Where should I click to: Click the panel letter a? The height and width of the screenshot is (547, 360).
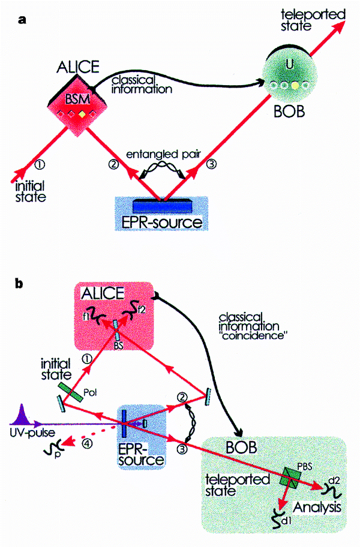pyautogui.click(x=22, y=20)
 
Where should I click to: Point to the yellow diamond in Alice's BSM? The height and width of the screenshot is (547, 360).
pyautogui.click(x=81, y=114)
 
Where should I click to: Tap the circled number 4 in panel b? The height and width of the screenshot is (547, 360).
pyautogui.click(x=86, y=444)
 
